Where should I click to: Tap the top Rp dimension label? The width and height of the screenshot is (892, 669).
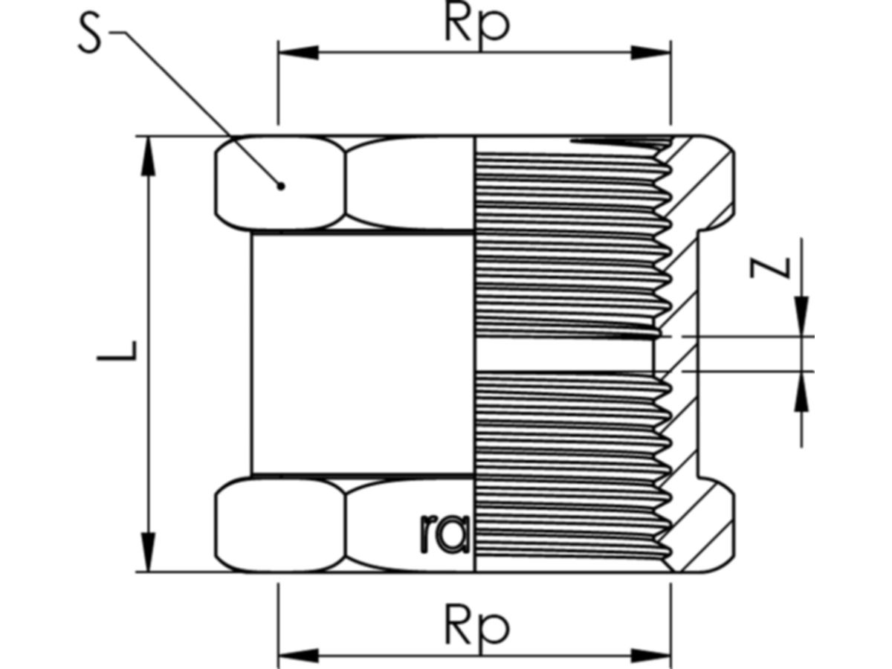click(477, 25)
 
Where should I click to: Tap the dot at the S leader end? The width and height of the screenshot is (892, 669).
click(280, 186)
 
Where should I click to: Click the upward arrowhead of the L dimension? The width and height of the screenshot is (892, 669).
click(149, 156)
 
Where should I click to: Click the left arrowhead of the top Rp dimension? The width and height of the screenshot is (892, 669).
click(297, 52)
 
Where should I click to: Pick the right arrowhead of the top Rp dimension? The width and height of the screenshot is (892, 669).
click(651, 52)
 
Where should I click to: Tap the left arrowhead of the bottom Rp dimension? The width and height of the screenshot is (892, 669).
click(297, 656)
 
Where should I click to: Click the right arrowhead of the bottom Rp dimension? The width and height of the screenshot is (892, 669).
click(651, 656)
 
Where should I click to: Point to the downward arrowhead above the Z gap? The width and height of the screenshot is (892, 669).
click(801, 316)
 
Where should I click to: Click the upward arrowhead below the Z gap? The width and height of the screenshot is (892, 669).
click(801, 391)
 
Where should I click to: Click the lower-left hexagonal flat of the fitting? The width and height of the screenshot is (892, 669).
click(281, 525)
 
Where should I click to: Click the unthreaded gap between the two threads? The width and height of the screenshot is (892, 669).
click(565, 353)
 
